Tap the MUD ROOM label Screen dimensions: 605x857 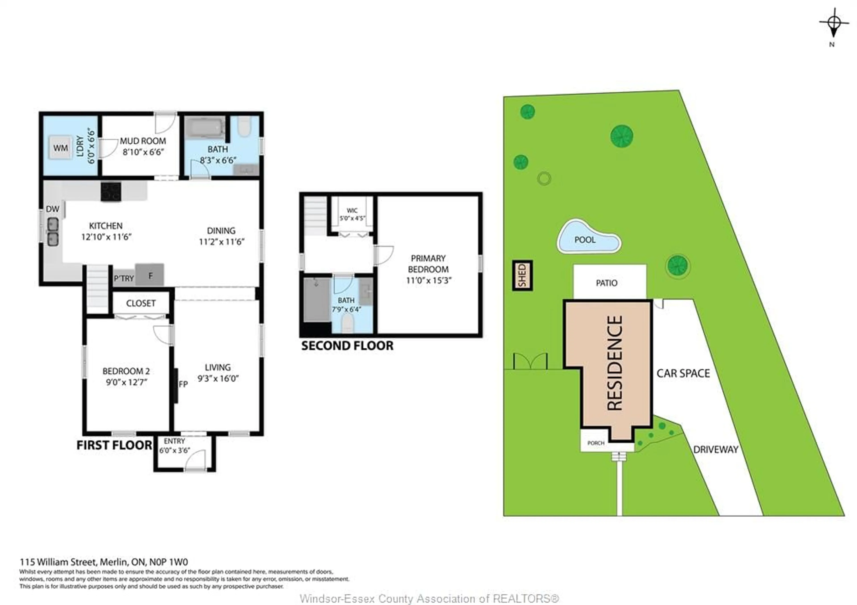click(143, 141)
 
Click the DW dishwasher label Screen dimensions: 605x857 click(53, 209)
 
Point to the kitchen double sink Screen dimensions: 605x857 click(53, 232)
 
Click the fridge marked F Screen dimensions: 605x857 click(150, 275)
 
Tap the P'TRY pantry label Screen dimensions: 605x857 click(124, 279)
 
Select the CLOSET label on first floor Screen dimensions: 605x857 click(141, 303)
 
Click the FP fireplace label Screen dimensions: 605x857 click(183, 384)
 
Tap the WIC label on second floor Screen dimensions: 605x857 click(352, 210)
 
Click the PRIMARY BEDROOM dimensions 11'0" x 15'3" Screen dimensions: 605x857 click(428, 280)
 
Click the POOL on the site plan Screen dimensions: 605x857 click(585, 239)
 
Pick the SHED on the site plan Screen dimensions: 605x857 click(522, 275)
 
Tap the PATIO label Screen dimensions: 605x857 click(607, 283)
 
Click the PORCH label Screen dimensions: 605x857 click(596, 443)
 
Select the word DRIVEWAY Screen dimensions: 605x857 click(716, 449)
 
